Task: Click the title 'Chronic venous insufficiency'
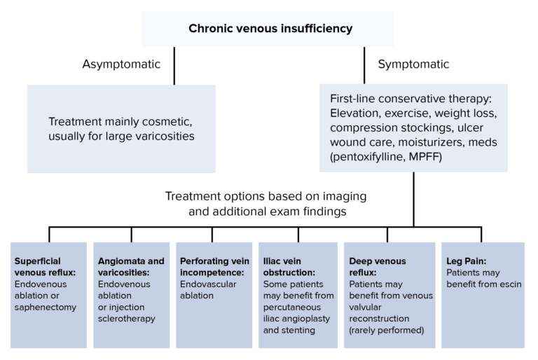[270, 29]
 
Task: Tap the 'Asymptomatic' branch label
[121, 64]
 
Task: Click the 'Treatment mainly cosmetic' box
[121, 128]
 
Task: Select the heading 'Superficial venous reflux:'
[45, 267]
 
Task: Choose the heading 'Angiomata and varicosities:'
[131, 267]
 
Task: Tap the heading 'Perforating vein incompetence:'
[211, 267]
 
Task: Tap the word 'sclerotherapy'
[126, 319]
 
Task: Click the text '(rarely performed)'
[388, 330]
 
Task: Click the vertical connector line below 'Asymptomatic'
[174, 70]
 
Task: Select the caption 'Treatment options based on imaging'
[265, 196]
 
